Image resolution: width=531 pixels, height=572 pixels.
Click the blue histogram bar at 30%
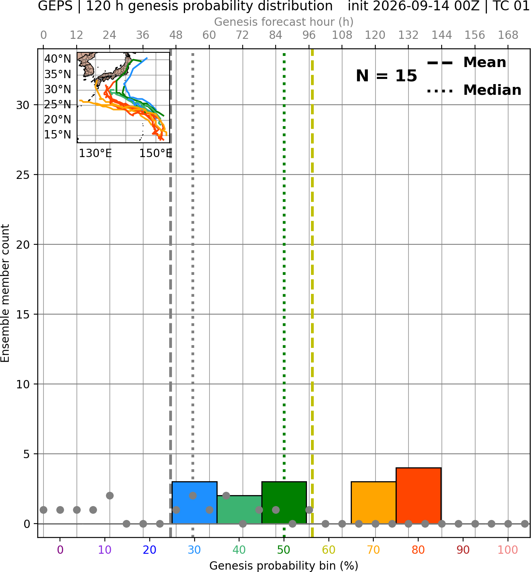click(194, 503)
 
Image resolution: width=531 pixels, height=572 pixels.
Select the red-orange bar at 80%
click(419, 496)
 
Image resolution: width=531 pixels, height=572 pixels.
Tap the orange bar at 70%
click(373, 503)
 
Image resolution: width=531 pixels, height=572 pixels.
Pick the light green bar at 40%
click(239, 509)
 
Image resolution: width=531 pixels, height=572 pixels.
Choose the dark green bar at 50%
click(284, 503)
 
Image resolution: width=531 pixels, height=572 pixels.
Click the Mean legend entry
click(466, 63)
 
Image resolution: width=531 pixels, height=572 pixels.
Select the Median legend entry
click(474, 90)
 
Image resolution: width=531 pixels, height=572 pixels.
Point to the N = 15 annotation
click(386, 76)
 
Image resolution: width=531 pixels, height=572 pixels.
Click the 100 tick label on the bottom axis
click(508, 550)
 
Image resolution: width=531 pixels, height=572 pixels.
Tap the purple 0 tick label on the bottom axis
click(60, 550)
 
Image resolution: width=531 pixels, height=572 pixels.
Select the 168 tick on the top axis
click(508, 35)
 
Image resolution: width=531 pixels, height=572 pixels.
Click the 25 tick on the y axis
click(23, 175)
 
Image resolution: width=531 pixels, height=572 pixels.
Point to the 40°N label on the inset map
click(58, 59)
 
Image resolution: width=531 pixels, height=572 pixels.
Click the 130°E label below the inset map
click(95, 154)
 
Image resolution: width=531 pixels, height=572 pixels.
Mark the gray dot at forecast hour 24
click(110, 496)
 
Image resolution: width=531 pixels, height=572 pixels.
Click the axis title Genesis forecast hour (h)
click(284, 22)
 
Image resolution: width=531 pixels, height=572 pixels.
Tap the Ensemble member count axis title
click(5, 293)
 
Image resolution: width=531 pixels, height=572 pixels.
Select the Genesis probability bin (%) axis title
click(284, 566)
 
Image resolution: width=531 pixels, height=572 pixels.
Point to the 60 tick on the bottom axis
click(329, 550)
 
